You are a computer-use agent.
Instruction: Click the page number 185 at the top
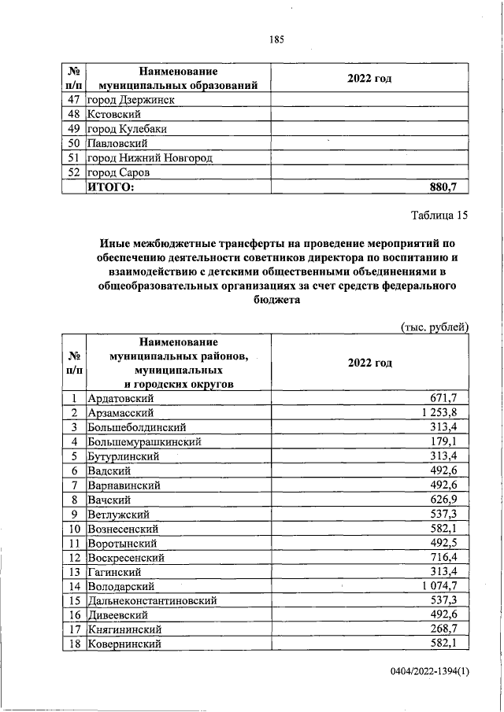pyautogui.click(x=276, y=40)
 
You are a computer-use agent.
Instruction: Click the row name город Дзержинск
pyautogui.click(x=131, y=100)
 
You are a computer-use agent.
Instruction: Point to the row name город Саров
pyautogui.click(x=118, y=172)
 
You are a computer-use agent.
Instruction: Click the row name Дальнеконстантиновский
pyautogui.click(x=151, y=601)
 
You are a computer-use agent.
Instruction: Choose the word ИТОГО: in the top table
pyautogui.click(x=111, y=187)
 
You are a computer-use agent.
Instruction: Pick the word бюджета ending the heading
pyautogui.click(x=276, y=299)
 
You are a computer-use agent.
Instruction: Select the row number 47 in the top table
pyautogui.click(x=76, y=100)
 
